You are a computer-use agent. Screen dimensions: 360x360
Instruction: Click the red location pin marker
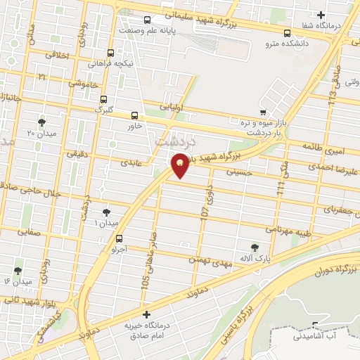[181, 165]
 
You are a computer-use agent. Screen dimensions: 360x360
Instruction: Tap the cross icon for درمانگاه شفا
[321, 15]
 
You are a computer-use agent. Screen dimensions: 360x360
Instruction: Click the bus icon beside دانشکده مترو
[286, 32]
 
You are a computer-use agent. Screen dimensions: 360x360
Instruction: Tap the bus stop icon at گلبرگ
[104, 99]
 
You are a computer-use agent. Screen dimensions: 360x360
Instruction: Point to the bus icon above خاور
[134, 115]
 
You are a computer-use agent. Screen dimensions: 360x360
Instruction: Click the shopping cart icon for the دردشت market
[263, 112]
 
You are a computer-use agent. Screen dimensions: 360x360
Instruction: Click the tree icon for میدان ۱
[106, 212]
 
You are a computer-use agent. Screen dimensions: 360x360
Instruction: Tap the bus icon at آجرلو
[119, 238]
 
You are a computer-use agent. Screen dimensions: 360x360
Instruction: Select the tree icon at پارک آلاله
[254, 247]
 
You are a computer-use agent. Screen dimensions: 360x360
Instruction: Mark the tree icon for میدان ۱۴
[18, 271]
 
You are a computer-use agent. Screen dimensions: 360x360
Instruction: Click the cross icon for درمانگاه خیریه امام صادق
[146, 314]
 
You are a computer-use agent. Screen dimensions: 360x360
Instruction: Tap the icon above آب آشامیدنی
[314, 326]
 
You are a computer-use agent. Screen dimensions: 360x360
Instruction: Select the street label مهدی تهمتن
[209, 260]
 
